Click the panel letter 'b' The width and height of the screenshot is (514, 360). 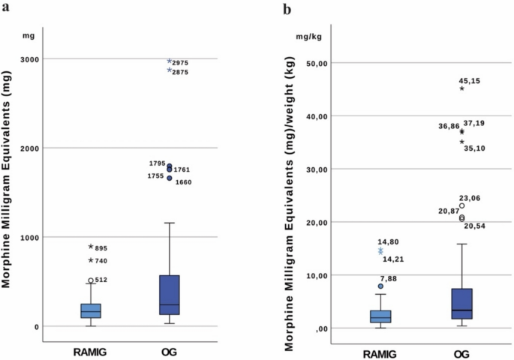(x=286, y=10)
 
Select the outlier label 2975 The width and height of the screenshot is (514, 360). (x=180, y=62)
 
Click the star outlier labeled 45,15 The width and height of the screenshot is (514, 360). (x=462, y=88)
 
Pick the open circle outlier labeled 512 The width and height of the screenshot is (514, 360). (x=91, y=280)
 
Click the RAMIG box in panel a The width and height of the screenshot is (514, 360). (x=91, y=310)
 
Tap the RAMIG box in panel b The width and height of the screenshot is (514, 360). (x=380, y=316)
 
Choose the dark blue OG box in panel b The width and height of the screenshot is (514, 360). (x=462, y=304)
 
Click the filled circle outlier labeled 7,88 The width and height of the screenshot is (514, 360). (x=380, y=286)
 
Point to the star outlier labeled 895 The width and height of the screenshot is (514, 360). (x=91, y=247)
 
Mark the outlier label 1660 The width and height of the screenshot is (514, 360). (x=184, y=182)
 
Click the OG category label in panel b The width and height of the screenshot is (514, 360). (x=461, y=351)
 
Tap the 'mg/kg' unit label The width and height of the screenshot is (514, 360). (x=306, y=35)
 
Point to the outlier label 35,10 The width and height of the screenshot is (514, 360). (x=474, y=148)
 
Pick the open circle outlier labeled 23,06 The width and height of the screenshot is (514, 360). (x=462, y=205)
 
